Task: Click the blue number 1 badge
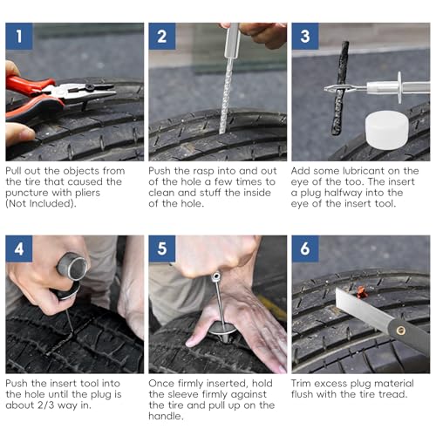[x=19, y=37]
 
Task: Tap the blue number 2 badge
[x=162, y=37]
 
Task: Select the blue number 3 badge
[x=305, y=37]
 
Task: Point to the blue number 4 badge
[x=19, y=249]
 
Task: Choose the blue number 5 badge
[x=162, y=249]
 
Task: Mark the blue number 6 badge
[x=305, y=249]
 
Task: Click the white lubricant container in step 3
[x=387, y=130]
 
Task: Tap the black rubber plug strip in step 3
[x=341, y=88]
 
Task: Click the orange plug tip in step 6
[x=361, y=291]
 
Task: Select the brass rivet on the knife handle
[x=401, y=330]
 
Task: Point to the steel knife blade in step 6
[x=364, y=310]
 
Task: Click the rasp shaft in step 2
[x=226, y=96]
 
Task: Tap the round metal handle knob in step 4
[x=72, y=267]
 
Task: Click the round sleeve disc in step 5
[x=222, y=329]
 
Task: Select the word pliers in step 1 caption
[x=85, y=193]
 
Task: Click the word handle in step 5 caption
[x=166, y=416]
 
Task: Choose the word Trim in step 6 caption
[x=301, y=384]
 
